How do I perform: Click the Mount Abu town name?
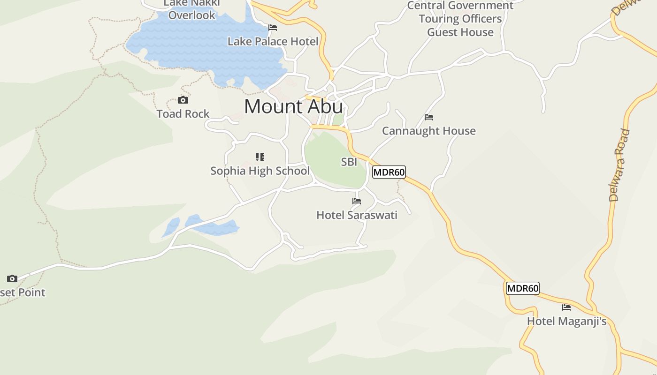[x=293, y=107]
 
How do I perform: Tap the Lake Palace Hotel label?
[x=273, y=41]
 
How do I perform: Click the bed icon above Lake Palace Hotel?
[x=273, y=28]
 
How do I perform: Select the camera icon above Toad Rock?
[x=183, y=100]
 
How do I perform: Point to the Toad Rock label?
[x=183, y=114]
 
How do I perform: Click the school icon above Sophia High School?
[x=260, y=157]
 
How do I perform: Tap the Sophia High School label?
[x=260, y=171]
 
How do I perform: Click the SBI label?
[x=349, y=162]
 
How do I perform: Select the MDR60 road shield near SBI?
[x=389, y=172]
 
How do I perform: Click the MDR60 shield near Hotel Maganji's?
[x=522, y=288]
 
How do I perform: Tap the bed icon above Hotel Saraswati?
[x=357, y=201]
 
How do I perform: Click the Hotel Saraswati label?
[x=357, y=215]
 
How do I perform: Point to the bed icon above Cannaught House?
[x=429, y=117]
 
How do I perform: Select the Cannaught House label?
[x=429, y=131]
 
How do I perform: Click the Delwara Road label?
[x=619, y=165]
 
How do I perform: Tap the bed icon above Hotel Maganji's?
[x=566, y=307]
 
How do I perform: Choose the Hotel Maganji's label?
[x=566, y=322]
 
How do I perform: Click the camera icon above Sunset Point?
[x=12, y=278]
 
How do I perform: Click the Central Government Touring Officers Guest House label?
[x=460, y=19]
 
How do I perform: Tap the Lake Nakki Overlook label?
[x=191, y=9]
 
